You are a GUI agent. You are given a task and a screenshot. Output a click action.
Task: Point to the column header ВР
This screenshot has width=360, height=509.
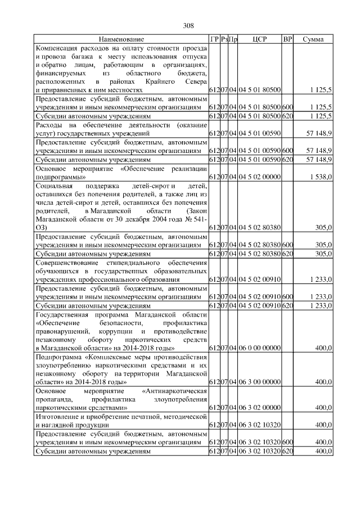(x=287, y=39)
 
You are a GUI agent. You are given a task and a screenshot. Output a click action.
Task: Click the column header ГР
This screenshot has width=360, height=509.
(x=214, y=39)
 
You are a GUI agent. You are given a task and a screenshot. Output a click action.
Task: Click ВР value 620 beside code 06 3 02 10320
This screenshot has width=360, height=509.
(x=287, y=451)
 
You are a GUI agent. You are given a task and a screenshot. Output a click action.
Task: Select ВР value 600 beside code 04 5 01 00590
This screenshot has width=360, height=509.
(x=287, y=151)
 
